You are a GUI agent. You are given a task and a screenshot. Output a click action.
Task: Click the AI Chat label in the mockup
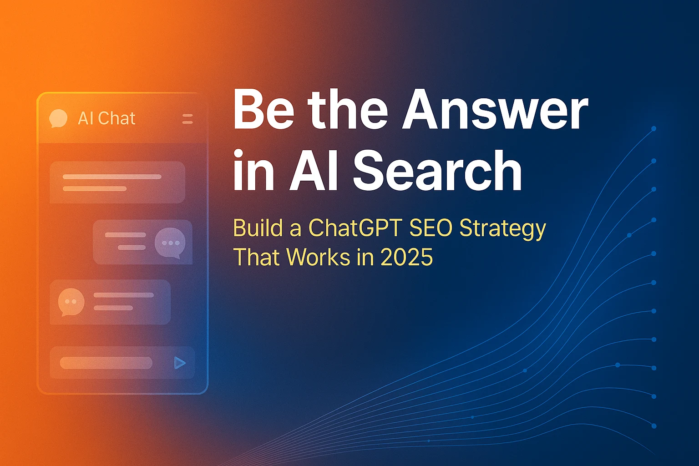tap(106, 118)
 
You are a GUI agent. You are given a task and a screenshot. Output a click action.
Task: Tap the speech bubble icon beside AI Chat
tap(58, 118)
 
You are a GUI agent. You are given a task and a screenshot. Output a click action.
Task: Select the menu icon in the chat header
tap(187, 119)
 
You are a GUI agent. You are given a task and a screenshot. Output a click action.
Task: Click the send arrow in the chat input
tap(179, 363)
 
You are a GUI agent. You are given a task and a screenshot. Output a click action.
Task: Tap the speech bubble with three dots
tap(170, 243)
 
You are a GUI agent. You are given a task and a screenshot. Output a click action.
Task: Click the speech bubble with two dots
tap(71, 302)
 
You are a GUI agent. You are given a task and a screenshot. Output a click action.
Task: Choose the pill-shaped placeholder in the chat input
tap(106, 363)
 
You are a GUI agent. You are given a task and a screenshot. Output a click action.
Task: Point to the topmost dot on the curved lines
tap(654, 129)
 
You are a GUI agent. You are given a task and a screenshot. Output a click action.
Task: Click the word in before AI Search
tap(253, 171)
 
